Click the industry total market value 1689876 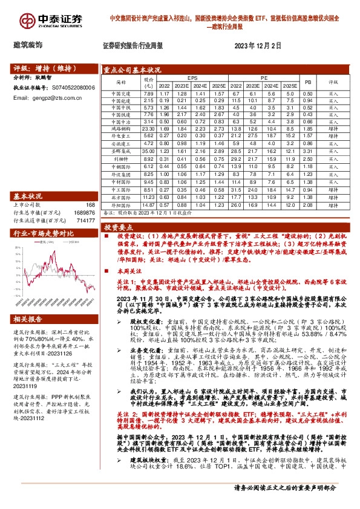coord(85,213)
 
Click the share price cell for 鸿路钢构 coord(148,129)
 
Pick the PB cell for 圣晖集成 coord(307,151)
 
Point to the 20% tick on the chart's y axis coord(18,253)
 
